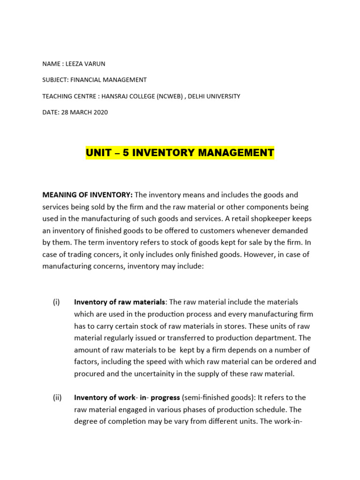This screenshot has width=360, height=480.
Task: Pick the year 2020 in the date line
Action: pos(100,112)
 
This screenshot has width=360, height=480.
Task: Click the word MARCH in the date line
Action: pos(80,112)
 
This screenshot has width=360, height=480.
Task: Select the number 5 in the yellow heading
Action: pos(126,153)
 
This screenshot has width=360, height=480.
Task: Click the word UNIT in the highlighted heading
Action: pos(98,153)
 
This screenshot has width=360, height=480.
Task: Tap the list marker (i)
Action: pos(57,302)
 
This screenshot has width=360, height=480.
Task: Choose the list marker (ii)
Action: pos(57,397)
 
